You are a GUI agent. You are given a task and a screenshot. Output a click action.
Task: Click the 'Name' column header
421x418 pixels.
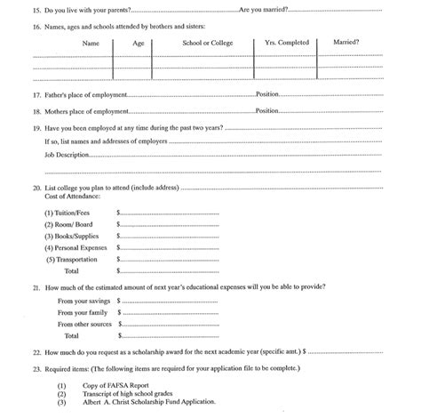pos(91,43)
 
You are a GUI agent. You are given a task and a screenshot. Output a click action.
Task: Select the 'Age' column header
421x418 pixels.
pos(139,43)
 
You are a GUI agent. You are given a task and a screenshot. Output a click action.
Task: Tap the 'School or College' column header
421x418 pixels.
pos(203,43)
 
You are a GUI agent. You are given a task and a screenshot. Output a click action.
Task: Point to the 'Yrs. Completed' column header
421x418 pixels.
pos(285,43)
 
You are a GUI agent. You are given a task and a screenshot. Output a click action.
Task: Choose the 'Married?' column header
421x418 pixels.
pos(346,43)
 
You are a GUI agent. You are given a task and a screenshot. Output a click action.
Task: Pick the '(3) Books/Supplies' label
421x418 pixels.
pos(72,236)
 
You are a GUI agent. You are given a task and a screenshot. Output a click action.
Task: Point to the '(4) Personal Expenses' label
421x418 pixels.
pos(76,247)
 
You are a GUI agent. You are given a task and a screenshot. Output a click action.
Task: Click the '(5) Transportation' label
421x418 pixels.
pos(73,259)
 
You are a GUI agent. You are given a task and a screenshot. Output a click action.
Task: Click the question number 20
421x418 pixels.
pos(36,189)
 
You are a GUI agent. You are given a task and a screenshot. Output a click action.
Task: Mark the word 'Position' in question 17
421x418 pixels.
pos(268,94)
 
